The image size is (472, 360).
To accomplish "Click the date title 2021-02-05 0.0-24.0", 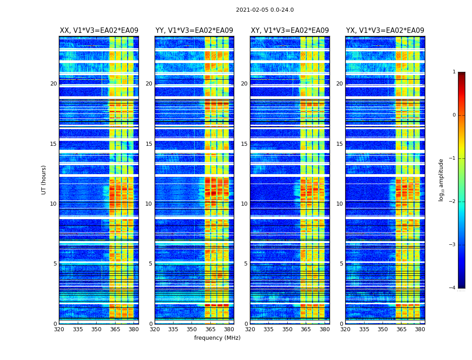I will pos(265,10).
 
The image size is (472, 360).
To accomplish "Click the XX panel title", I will pos(99,31).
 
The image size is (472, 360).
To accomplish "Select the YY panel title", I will pos(194,31).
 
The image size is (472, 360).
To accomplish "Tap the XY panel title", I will pos(289,31).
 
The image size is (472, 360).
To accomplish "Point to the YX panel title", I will pos(385,31).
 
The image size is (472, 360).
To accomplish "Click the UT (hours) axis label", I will pos(44,180).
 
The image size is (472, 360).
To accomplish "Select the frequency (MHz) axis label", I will pos(217,338).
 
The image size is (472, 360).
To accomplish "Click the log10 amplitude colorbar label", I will pos(441,180).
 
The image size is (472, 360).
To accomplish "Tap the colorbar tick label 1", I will pos(454,72).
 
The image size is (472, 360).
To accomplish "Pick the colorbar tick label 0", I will pos(454,115).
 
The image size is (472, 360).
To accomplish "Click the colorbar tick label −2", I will pos(453,202).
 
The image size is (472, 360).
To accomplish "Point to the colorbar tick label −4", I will pos(453,288).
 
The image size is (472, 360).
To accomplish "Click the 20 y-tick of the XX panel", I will pos(53,84).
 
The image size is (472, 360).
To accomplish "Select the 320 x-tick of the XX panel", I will pos(59,329).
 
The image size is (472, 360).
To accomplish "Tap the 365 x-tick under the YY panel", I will pos(210,329).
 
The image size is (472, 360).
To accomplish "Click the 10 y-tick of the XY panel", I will pos(244,204).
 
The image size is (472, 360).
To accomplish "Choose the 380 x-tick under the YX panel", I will pos(420,329).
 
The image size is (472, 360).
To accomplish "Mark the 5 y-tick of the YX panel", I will pos(341,264).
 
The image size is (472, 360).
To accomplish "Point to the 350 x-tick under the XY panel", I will pos(287,329).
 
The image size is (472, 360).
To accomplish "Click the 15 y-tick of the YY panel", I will pos(148,144).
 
